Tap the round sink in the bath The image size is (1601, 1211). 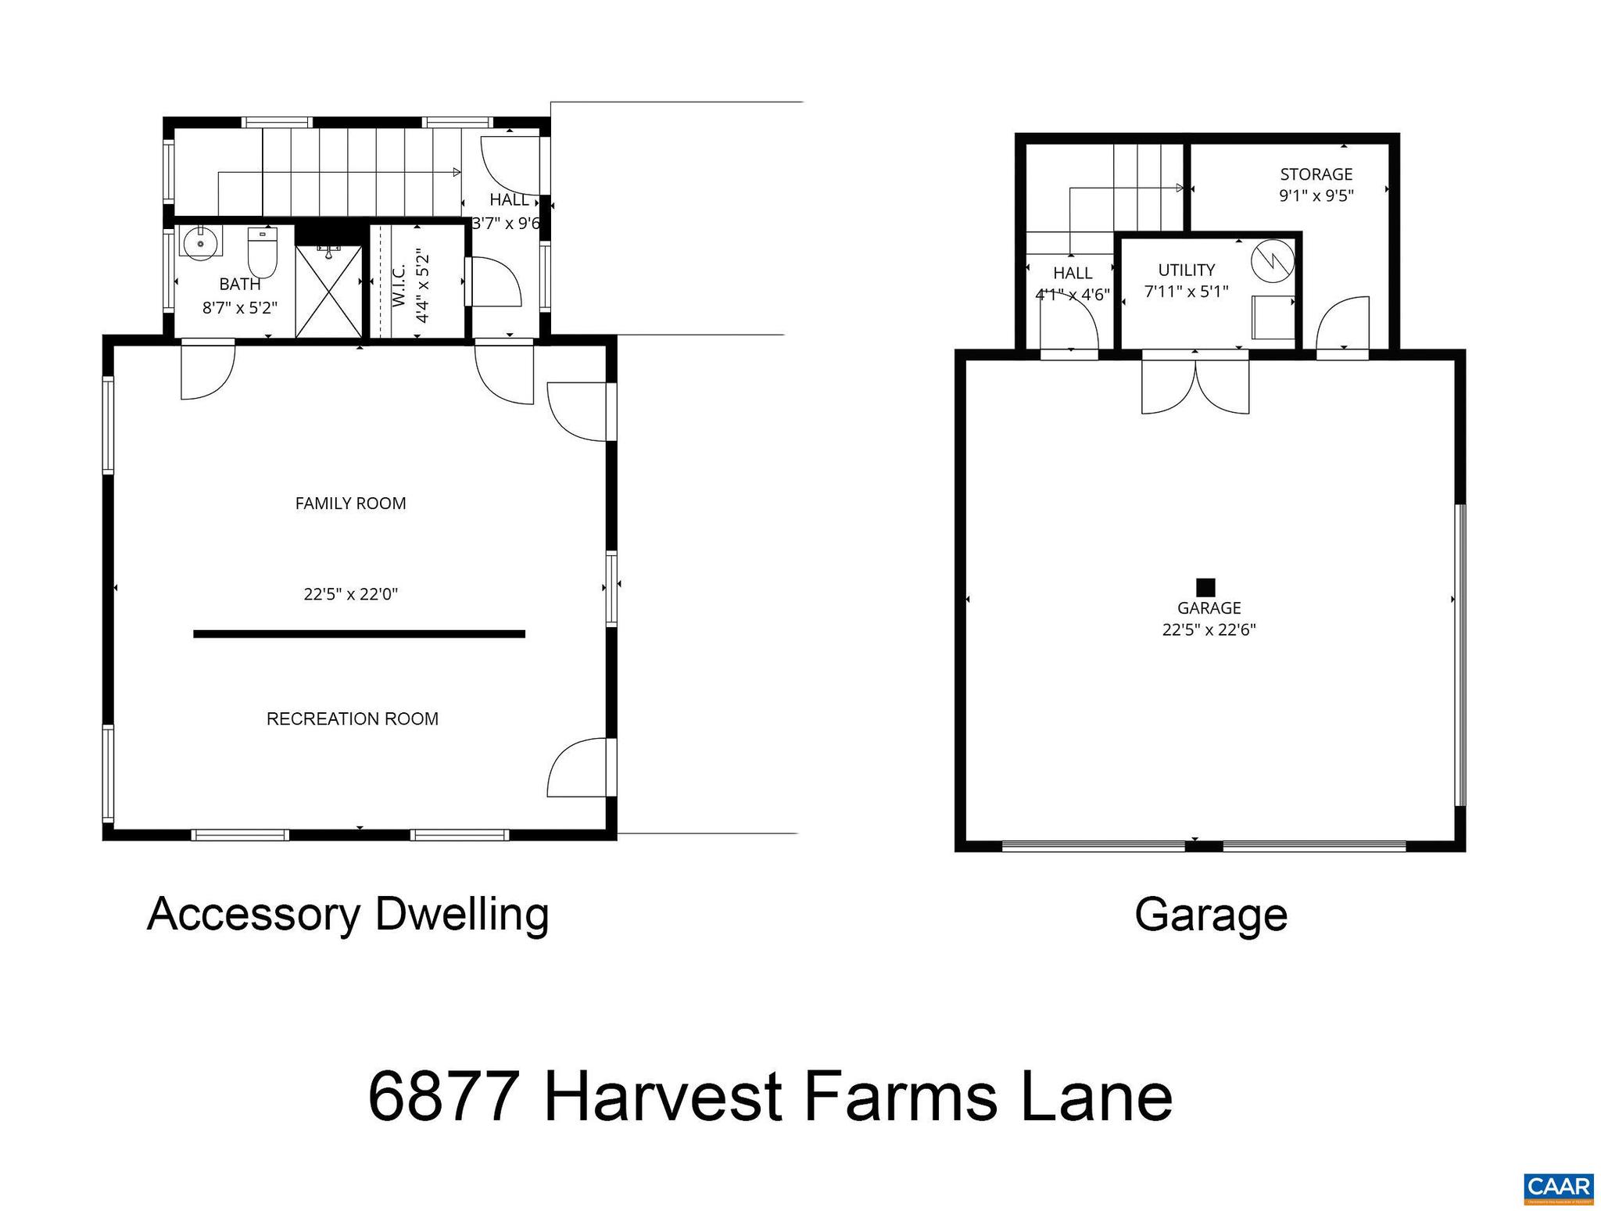point(202,243)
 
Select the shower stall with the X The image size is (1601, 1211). point(329,292)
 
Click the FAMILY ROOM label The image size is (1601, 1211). point(350,503)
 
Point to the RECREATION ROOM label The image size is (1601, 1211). point(352,718)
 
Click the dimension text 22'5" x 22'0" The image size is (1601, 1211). point(350,594)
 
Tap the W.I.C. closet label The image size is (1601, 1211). point(398,285)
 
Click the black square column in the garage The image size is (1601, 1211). point(1205,587)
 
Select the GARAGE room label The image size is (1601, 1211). point(1209,607)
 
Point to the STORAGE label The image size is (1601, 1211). point(1316,174)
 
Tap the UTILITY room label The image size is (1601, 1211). point(1186,270)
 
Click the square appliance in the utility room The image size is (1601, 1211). point(1273,317)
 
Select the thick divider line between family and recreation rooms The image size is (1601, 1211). point(359,634)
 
